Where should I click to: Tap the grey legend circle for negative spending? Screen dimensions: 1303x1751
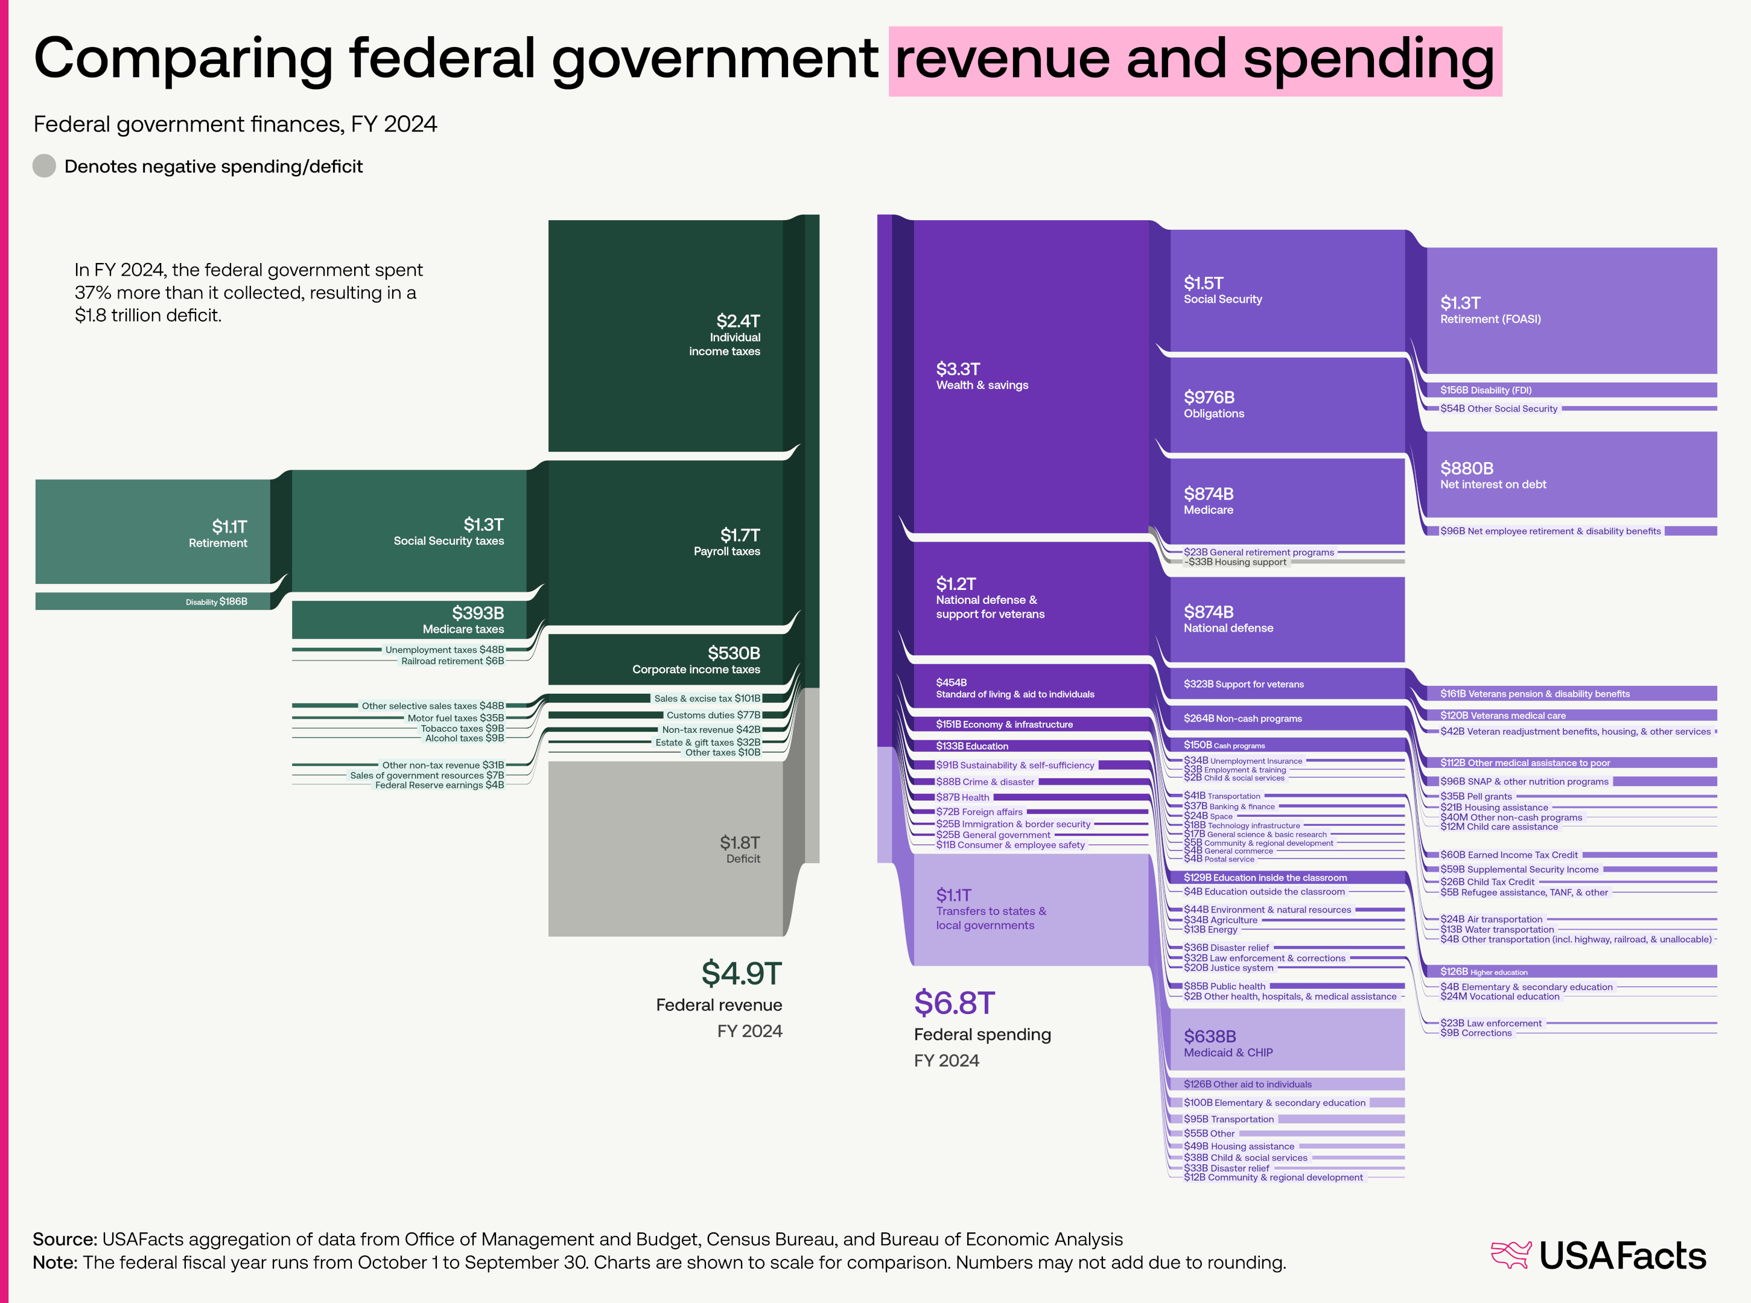[44, 166]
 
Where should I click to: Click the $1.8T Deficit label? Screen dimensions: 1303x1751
[740, 849]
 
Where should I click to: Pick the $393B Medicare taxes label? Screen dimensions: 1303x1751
[464, 620]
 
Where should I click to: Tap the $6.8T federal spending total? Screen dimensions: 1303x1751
[955, 1003]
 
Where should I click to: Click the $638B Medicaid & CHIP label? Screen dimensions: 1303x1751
[1227, 1044]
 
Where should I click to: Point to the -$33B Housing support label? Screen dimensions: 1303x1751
[1235, 562]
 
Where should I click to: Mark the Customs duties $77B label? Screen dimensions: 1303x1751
[713, 715]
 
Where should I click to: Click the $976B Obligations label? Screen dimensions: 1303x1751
[1214, 405]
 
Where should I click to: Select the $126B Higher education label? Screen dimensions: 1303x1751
[1483, 972]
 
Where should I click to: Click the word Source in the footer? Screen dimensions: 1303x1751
[65, 1239]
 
